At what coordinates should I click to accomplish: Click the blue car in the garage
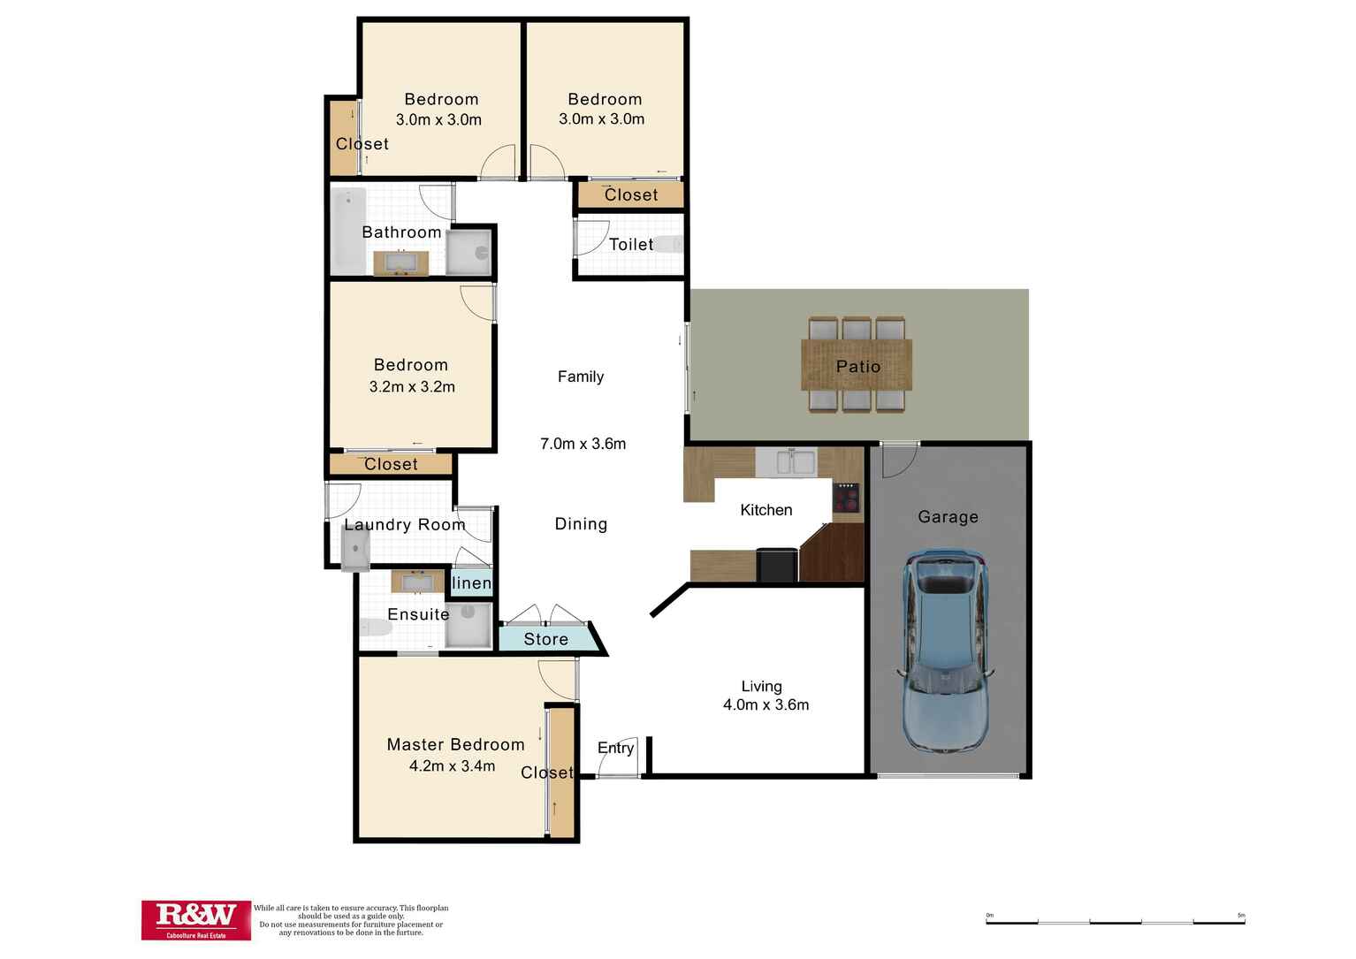pyautogui.click(x=945, y=651)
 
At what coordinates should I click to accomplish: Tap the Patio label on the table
pyautogui.click(x=857, y=366)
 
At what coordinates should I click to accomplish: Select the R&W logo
pyautogui.click(x=196, y=919)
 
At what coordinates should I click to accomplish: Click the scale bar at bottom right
pyautogui.click(x=1115, y=921)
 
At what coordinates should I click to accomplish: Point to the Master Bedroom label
pyautogui.click(x=455, y=744)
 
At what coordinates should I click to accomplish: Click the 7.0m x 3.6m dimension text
pyautogui.click(x=583, y=444)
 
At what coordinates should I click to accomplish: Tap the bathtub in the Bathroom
pyautogui.click(x=348, y=231)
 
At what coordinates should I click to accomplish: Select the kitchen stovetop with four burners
pyautogui.click(x=847, y=498)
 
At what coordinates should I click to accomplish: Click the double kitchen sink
pyautogui.click(x=792, y=462)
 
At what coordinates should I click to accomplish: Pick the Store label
pyautogui.click(x=545, y=639)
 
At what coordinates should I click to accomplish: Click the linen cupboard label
pyautogui.click(x=471, y=583)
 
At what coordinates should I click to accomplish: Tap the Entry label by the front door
pyautogui.click(x=615, y=748)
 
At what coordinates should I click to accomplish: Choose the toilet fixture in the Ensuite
pyautogui.click(x=376, y=628)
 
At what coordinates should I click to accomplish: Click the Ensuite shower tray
pyautogui.click(x=468, y=625)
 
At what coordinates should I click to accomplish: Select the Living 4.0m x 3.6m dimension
pyautogui.click(x=766, y=704)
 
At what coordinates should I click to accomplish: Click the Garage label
pyautogui.click(x=948, y=517)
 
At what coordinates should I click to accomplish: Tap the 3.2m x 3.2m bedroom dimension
pyautogui.click(x=412, y=386)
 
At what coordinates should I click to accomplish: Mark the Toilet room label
pyautogui.click(x=631, y=245)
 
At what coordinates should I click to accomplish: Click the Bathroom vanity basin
pyautogui.click(x=400, y=263)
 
